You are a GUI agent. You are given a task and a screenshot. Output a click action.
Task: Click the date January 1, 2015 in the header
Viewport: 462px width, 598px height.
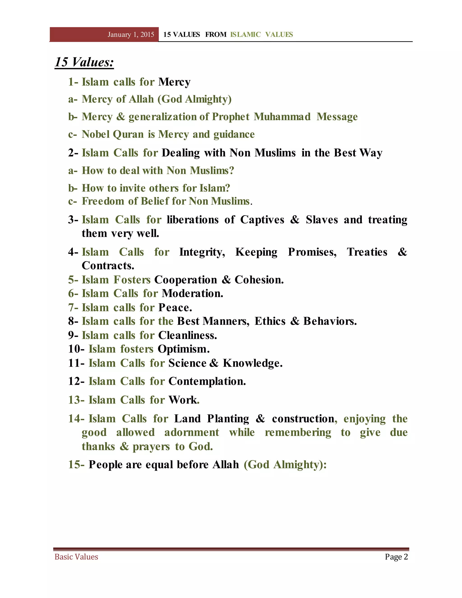pyautogui.click(x=131, y=35)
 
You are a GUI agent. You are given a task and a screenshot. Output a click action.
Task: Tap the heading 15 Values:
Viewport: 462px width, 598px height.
pyautogui.click(x=84, y=62)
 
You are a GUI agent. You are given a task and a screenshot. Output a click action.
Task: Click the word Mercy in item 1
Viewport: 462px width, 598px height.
pyautogui.click(x=174, y=82)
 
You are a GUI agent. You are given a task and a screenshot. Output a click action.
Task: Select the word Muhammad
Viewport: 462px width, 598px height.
pyautogui.click(x=282, y=117)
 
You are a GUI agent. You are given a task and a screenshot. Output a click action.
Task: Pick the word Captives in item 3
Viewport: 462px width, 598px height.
pyautogui.click(x=262, y=220)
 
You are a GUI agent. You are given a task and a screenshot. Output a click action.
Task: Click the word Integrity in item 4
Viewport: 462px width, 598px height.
pyautogui.click(x=202, y=252)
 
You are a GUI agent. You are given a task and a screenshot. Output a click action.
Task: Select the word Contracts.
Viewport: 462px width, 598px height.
pyautogui.click(x=108, y=266)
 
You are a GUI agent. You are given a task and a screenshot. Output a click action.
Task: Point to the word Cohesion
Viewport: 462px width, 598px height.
pyautogui.click(x=259, y=280)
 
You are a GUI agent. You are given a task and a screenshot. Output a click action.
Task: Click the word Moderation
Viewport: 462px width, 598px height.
pyautogui.click(x=192, y=294)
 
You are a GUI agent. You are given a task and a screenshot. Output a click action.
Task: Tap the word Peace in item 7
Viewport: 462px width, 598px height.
pyautogui.click(x=175, y=308)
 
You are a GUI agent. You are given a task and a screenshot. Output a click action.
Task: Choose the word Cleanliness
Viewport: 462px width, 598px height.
pyautogui.click(x=187, y=335)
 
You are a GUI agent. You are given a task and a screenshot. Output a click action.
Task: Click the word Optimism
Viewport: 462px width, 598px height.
pyautogui.click(x=183, y=349)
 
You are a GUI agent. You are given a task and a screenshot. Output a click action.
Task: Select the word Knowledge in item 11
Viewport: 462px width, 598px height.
pyautogui.click(x=252, y=363)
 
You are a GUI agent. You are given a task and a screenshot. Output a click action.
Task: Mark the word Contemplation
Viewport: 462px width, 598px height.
pyautogui.click(x=207, y=381)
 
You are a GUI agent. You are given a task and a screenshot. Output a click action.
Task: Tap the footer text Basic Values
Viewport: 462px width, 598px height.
pyautogui.click(x=76, y=557)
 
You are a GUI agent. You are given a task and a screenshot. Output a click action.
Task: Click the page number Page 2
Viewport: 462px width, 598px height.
pyautogui.click(x=396, y=557)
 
